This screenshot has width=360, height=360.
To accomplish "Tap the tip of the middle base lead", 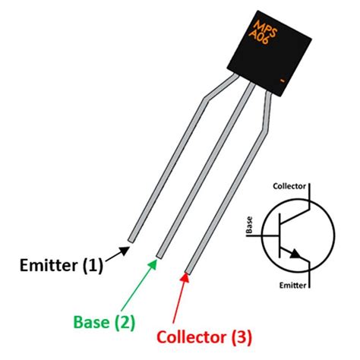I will [160, 254].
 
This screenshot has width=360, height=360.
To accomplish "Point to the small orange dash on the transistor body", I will [280, 81].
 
